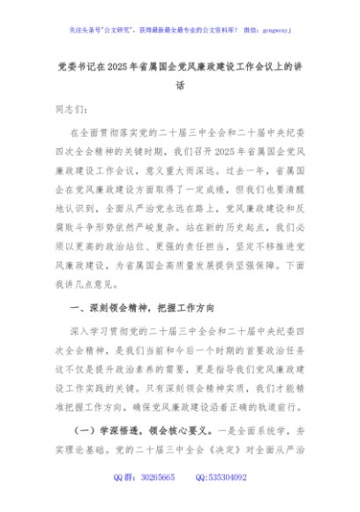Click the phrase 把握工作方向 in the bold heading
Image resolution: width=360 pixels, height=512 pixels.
click(x=190, y=308)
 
